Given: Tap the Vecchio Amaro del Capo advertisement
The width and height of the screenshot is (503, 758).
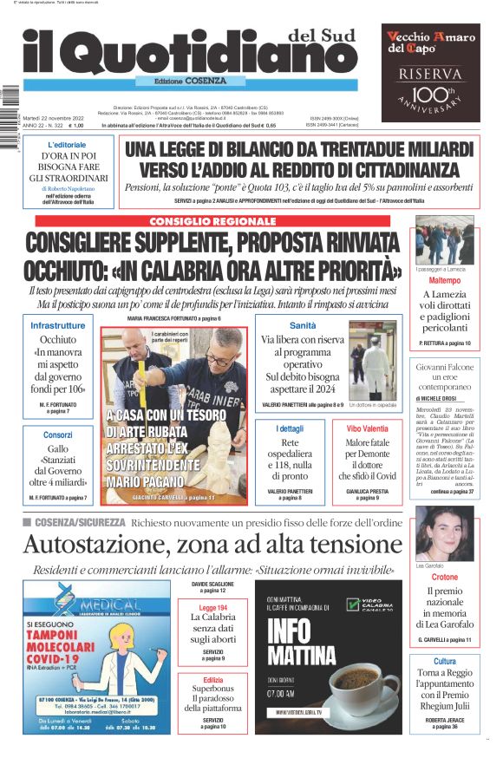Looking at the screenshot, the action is click(431, 73).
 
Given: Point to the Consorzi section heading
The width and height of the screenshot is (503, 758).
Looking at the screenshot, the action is click(58, 434).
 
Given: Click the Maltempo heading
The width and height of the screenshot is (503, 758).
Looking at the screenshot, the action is click(445, 281).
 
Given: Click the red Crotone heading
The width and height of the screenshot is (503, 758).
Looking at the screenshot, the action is click(445, 577).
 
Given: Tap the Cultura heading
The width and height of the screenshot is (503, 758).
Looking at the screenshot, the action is click(445, 662).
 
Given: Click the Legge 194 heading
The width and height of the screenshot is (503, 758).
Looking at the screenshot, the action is click(213, 608).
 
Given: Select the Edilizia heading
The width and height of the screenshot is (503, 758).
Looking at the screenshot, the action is click(213, 680).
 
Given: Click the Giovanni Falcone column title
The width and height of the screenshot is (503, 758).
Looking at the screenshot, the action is click(445, 368).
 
